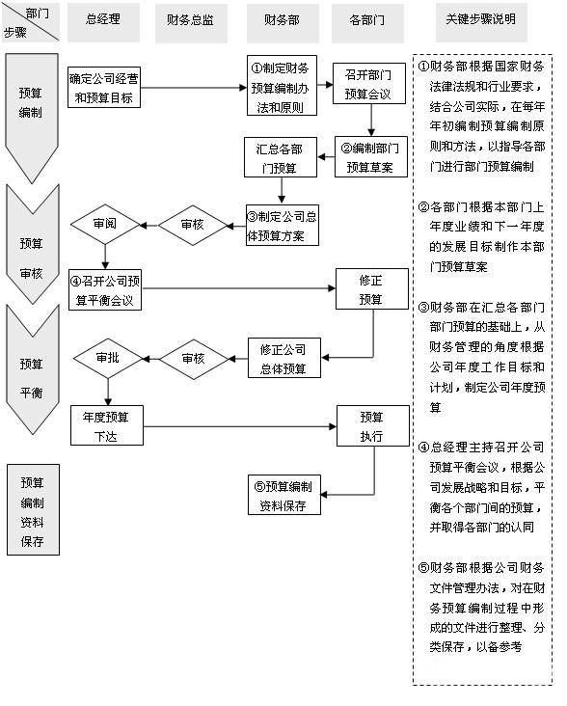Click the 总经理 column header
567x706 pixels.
coord(103,19)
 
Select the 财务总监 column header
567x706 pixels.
coord(191,19)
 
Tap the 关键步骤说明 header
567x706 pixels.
coord(480,19)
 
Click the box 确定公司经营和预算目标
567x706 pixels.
coord(104,88)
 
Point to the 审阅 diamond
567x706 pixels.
coord(105,224)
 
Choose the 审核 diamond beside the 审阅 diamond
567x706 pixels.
coord(191,224)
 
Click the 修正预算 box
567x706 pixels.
coord(371,288)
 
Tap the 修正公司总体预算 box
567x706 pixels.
coord(283,358)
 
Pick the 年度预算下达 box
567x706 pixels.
coord(106,424)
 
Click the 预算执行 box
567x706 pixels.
coord(371,424)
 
